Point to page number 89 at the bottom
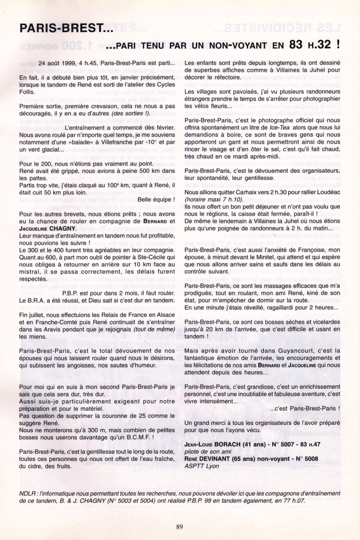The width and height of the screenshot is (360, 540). [179, 527]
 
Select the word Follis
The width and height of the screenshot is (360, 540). [27, 92]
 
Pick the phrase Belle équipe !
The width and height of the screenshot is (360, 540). [156, 200]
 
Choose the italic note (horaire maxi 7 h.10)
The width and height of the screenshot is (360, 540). [214, 199]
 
